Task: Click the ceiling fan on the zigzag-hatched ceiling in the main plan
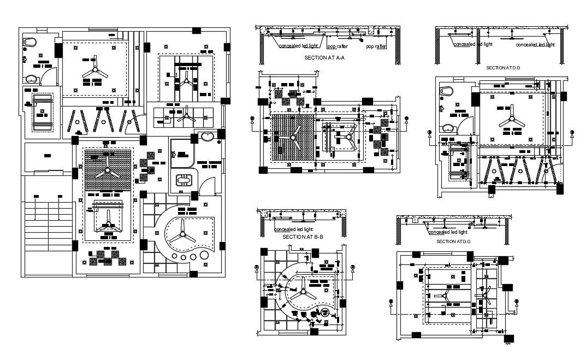coord(107,171)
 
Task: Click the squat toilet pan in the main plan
coord(182,180)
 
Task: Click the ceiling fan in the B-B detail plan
coord(301,293)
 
